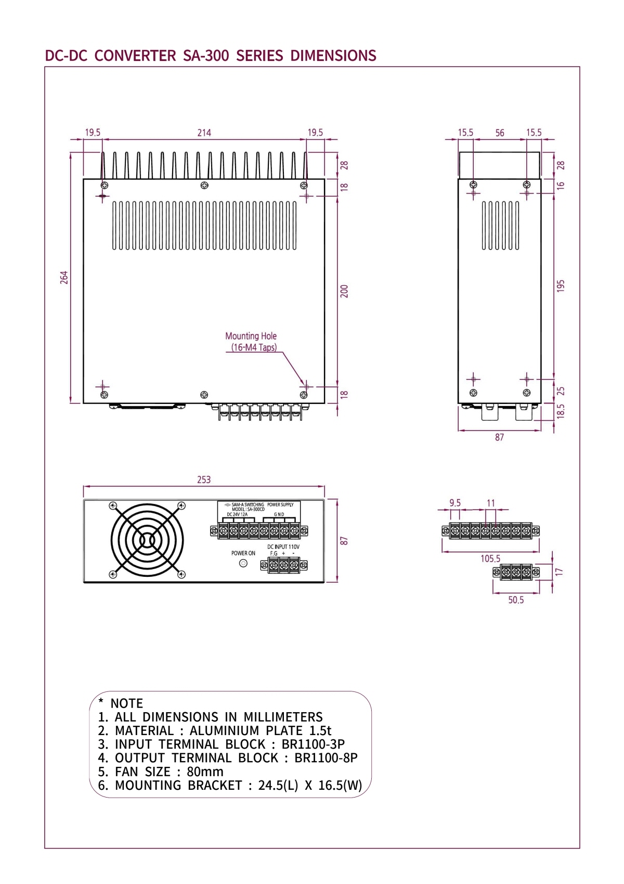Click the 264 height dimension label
(x=64, y=277)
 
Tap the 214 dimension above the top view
(x=204, y=133)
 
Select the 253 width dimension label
(x=204, y=479)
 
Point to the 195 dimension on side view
(x=561, y=286)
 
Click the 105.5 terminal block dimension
(x=490, y=559)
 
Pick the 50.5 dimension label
(x=516, y=600)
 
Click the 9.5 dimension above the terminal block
(x=455, y=503)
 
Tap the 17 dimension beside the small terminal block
(x=559, y=572)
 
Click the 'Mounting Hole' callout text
(x=251, y=336)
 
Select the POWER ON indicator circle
(x=243, y=563)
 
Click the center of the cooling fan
(x=147, y=540)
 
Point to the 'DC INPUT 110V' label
(x=283, y=547)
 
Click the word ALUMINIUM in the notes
(x=224, y=731)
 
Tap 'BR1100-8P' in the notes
(x=326, y=758)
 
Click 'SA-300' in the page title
(x=206, y=56)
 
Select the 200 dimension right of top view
(x=344, y=291)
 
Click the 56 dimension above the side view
(x=500, y=133)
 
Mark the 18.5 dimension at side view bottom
(x=561, y=411)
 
